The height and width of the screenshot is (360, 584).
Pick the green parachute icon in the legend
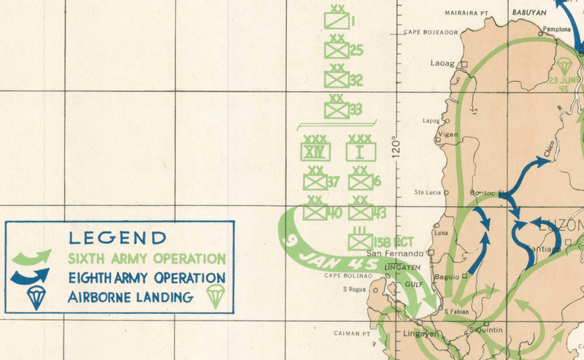[214, 296]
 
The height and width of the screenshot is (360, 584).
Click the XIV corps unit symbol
[316, 151]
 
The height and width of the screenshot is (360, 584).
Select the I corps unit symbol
[360, 151]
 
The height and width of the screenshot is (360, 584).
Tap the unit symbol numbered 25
[337, 50]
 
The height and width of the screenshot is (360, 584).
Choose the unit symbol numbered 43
[360, 212]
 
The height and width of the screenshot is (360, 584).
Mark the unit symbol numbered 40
[315, 212]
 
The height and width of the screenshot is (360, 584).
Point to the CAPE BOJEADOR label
[431, 32]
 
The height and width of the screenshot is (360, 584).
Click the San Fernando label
[399, 253]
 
